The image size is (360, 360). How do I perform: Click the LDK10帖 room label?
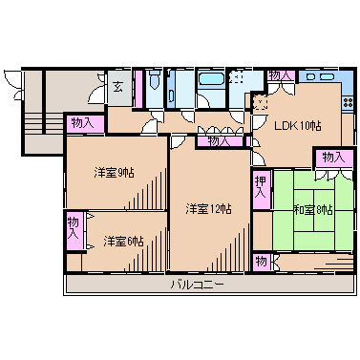tap(298, 125)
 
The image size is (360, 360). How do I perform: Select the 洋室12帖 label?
tap(208, 209)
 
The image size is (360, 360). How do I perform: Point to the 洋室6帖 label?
tap(123, 241)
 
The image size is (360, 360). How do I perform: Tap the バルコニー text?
tap(198, 285)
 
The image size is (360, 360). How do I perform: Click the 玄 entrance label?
tap(116, 87)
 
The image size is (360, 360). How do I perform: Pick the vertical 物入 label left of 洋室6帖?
tap(74, 230)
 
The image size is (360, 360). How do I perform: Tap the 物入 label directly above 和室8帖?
tap(331, 158)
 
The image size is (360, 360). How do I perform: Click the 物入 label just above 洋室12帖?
tap(220, 140)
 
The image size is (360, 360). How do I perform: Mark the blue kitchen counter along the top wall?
tap(321, 75)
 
